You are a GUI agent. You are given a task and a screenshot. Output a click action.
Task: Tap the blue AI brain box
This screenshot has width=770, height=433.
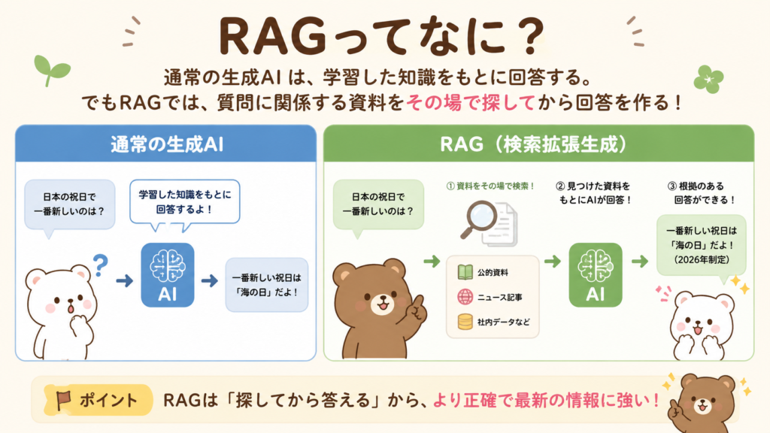168,275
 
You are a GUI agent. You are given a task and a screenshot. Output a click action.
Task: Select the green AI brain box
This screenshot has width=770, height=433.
596,275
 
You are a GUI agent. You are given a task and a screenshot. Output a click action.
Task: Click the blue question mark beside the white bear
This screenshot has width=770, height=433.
100,265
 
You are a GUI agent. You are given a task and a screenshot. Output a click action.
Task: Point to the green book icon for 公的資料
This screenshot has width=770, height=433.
465,272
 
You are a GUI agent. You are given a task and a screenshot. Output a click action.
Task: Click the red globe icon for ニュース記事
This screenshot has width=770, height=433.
465,297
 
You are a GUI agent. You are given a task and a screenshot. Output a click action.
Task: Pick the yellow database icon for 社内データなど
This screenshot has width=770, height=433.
465,322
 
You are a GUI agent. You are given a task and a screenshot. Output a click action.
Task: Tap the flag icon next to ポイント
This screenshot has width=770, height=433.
63,400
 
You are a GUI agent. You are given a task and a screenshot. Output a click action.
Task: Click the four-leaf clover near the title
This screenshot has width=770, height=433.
708,79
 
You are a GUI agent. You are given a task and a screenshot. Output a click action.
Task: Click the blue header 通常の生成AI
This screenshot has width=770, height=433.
166,144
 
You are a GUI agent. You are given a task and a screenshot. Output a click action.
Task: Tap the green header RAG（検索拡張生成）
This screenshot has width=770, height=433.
538,144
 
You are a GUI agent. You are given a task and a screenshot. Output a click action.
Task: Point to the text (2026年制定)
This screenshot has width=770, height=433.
702,259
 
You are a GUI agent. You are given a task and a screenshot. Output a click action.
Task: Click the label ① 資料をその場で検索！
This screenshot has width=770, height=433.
490,186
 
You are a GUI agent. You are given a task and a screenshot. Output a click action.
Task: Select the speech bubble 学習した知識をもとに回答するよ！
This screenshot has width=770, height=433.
185,202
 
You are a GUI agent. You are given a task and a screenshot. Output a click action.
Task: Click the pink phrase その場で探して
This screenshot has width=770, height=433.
471,103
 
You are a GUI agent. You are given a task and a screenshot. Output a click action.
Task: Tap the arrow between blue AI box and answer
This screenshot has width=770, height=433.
210,280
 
